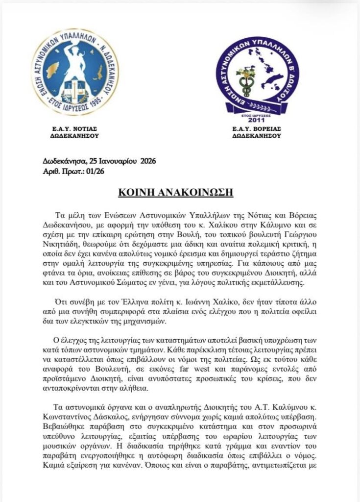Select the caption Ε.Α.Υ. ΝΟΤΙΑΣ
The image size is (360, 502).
(75, 128)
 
